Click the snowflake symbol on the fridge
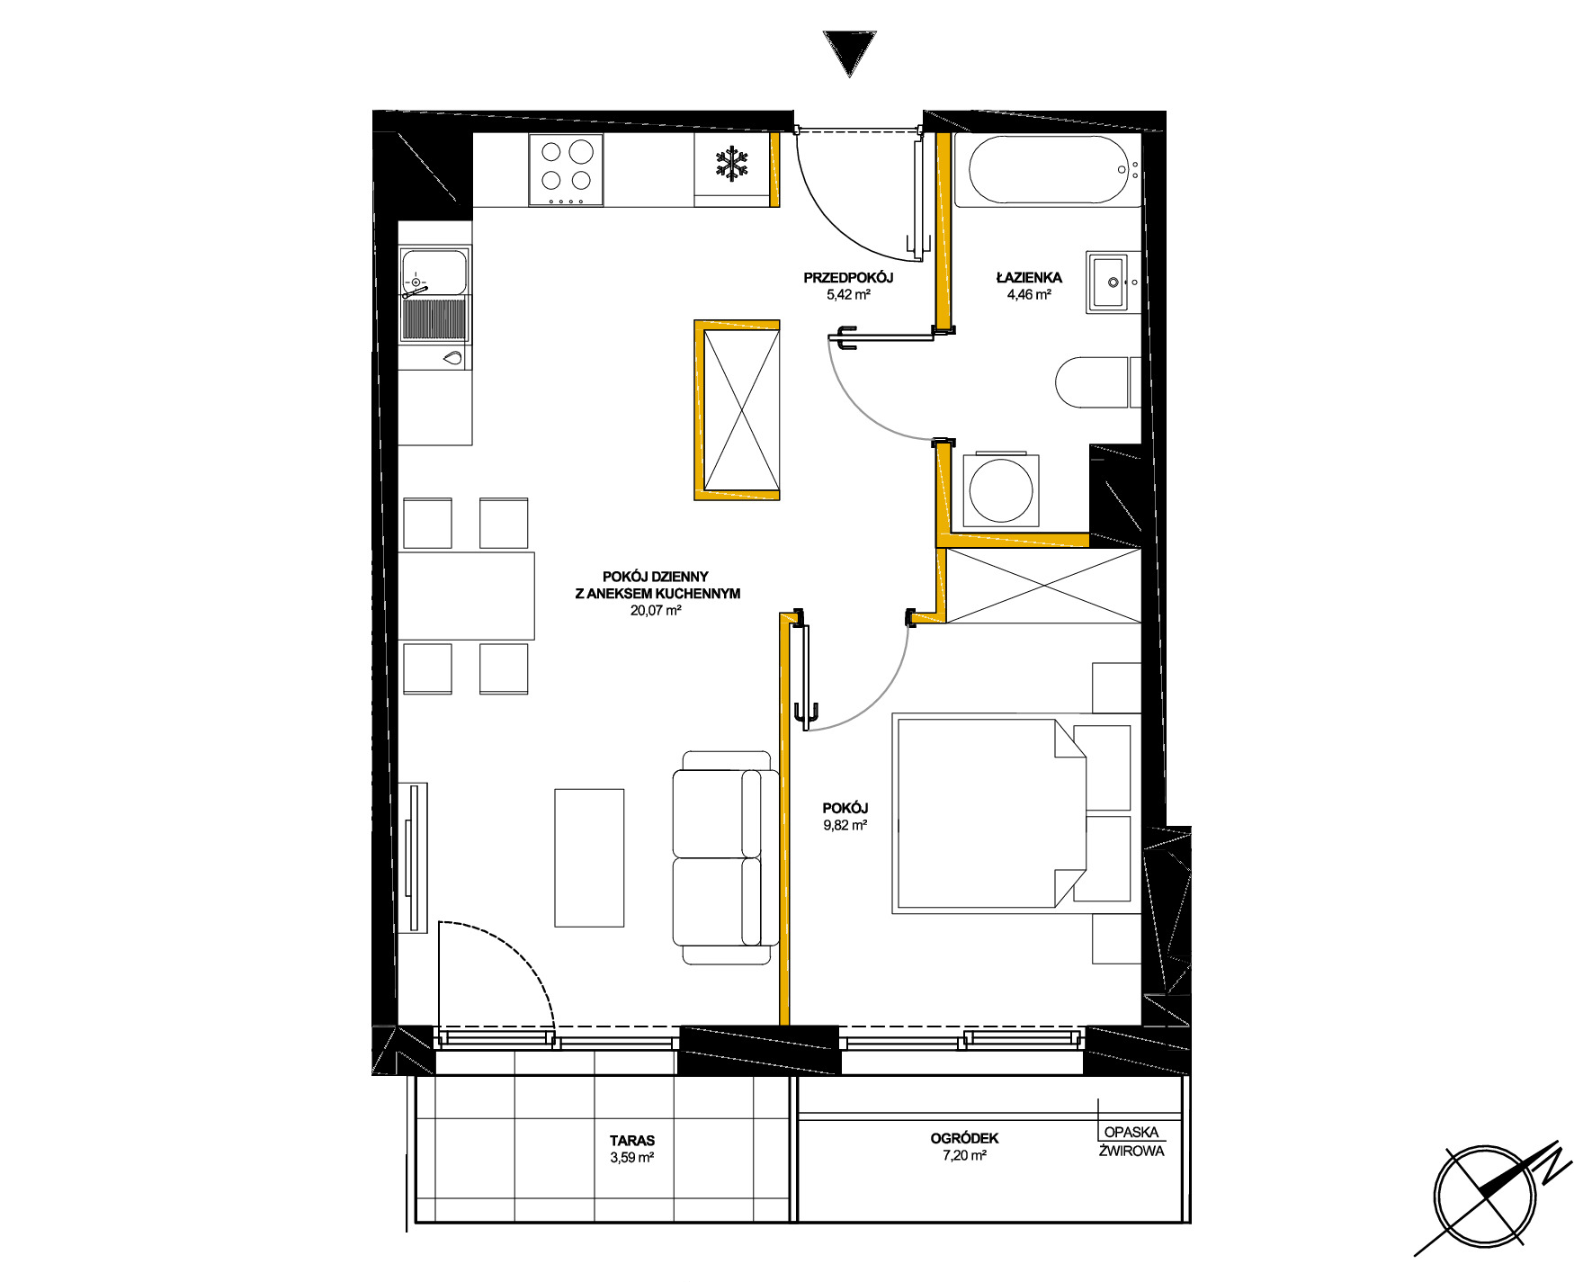click(x=732, y=164)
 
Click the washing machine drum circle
click(x=1000, y=490)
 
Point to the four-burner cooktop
click(x=566, y=169)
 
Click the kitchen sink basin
click(x=434, y=273)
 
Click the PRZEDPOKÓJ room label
click(x=848, y=278)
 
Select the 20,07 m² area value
click(x=656, y=610)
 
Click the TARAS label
click(x=632, y=1140)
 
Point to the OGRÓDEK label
click(x=965, y=1138)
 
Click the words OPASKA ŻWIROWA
click(x=1131, y=1141)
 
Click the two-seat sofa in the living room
click(x=725, y=857)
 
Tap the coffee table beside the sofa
click(x=589, y=857)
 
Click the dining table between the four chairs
click(x=467, y=596)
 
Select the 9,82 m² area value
click(x=845, y=825)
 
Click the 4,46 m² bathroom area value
click(x=1029, y=294)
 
